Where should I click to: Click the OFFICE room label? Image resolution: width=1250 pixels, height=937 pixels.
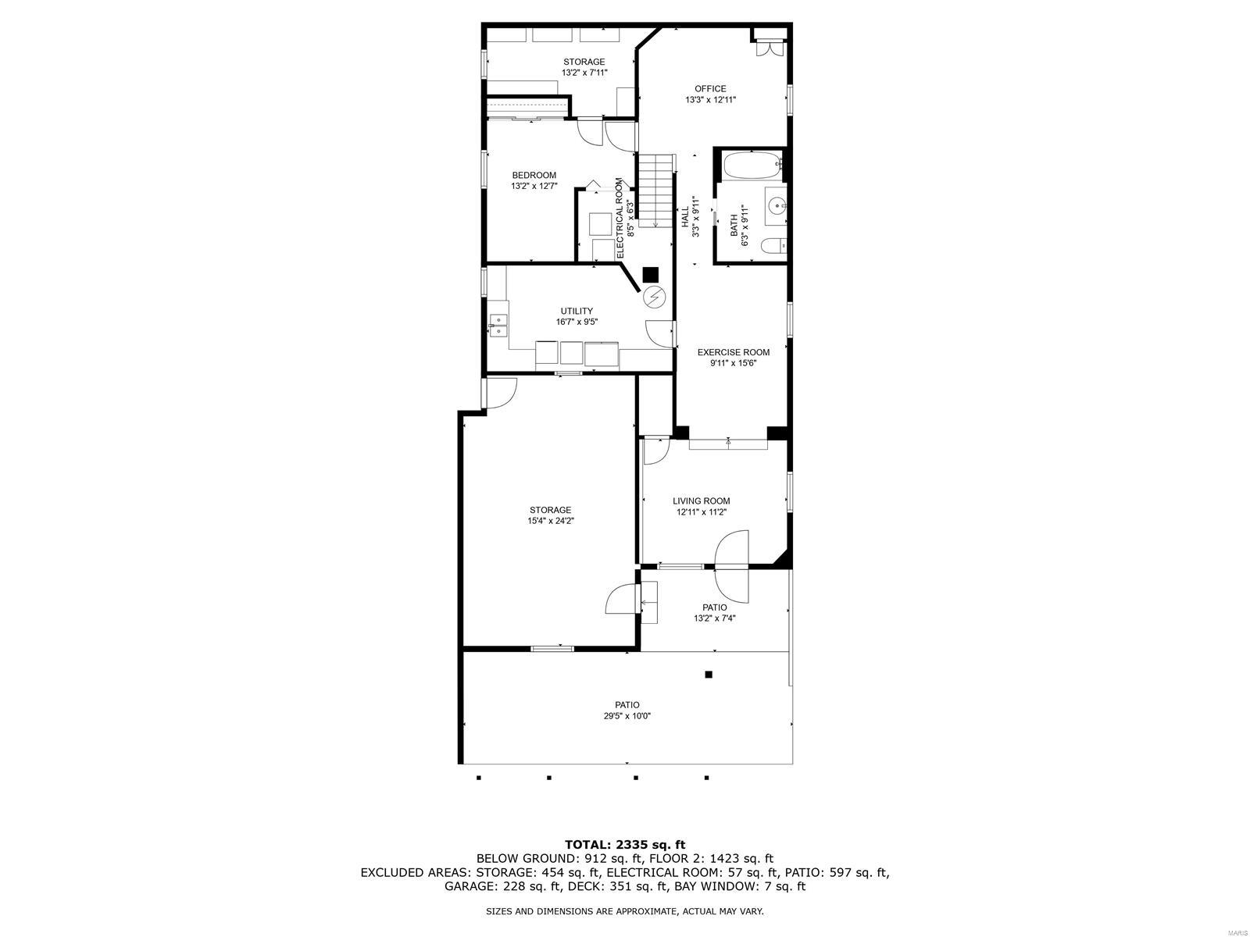click(710, 89)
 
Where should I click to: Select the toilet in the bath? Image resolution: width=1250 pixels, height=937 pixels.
click(772, 247)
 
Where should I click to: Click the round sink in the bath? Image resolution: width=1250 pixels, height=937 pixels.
click(776, 206)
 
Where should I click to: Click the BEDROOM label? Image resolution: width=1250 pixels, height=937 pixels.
click(534, 175)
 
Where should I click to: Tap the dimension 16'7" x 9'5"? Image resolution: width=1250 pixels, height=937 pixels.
click(577, 322)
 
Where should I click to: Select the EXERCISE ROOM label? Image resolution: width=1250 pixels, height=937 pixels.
click(733, 352)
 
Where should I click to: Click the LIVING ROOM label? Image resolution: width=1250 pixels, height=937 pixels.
click(701, 501)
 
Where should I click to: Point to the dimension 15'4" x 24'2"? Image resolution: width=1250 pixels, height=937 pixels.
click(550, 521)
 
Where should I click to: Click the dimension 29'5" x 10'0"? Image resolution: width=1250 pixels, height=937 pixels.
click(627, 715)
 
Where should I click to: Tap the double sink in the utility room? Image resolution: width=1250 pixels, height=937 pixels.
click(498, 325)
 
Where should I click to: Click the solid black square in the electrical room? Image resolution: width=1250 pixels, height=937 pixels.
click(650, 275)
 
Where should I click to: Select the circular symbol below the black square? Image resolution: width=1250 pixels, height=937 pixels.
click(652, 297)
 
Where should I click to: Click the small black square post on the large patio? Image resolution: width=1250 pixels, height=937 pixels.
click(709, 675)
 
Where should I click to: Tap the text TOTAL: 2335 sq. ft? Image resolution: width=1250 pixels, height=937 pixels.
click(624, 844)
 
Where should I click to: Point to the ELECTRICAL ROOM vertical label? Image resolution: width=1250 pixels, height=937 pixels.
click(620, 218)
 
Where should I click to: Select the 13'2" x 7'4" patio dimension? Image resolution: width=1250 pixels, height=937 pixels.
click(714, 618)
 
